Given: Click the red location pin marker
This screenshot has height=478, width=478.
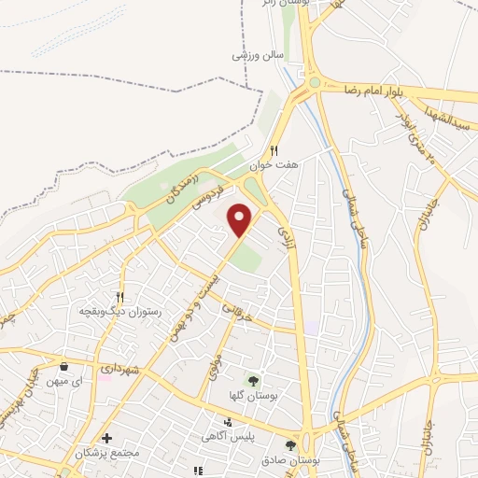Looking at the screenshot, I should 242,218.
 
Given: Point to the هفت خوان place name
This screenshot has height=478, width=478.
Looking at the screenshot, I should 279,164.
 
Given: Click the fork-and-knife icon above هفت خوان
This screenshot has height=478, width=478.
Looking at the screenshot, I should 274,149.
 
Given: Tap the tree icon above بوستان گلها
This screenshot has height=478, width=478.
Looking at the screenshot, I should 253,379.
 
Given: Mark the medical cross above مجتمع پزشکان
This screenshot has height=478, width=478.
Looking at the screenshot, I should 107,438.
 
